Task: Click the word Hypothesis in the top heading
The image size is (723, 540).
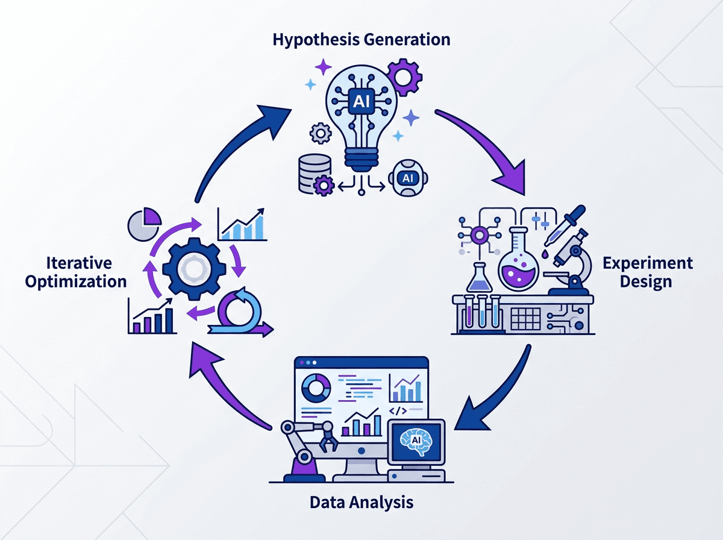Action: click(316, 40)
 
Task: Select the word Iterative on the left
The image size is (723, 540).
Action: click(79, 263)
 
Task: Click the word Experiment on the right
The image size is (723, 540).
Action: click(648, 263)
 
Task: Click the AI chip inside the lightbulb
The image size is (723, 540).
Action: click(361, 101)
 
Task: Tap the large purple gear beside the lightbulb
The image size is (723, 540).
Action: click(404, 77)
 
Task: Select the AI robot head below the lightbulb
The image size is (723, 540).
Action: click(408, 178)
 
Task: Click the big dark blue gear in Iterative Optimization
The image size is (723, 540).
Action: click(195, 269)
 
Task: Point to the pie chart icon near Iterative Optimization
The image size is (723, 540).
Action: click(144, 224)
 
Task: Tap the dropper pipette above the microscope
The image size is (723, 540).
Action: click(564, 225)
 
